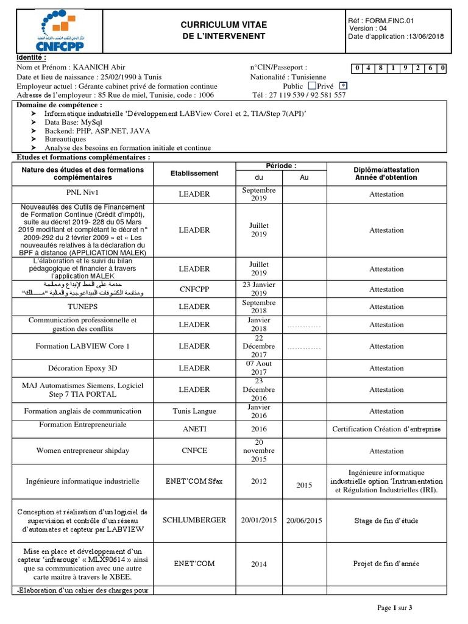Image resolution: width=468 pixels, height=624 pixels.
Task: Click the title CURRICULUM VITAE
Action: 224,24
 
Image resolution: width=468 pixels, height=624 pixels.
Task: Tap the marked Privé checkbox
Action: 344,86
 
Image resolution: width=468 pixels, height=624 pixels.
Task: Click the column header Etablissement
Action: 194,174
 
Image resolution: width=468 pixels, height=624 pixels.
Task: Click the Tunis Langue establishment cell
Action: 194,411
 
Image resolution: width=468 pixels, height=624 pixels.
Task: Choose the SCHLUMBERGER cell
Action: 194,520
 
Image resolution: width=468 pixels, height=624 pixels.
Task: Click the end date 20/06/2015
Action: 304,520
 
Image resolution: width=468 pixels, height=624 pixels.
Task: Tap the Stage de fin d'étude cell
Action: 386,521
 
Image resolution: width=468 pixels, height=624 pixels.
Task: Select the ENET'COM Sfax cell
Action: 194,481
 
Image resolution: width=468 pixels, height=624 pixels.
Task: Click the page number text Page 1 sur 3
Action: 395,608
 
